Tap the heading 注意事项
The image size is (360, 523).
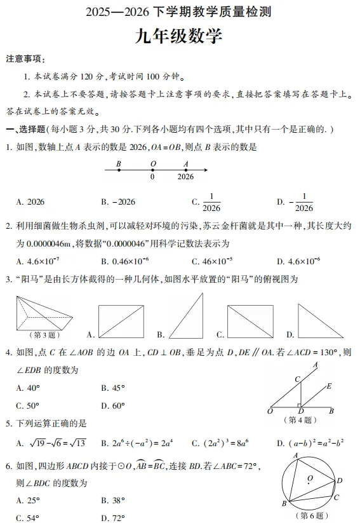[x=25, y=59]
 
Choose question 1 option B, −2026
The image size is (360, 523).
[x=118, y=202]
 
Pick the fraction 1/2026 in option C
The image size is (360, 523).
[x=210, y=202]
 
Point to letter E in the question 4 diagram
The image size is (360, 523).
[x=329, y=386]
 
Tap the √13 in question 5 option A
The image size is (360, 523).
[x=76, y=443]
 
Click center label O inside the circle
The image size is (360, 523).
[x=310, y=478]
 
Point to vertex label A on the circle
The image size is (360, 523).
[x=295, y=456]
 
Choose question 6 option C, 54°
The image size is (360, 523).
[x=28, y=518]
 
